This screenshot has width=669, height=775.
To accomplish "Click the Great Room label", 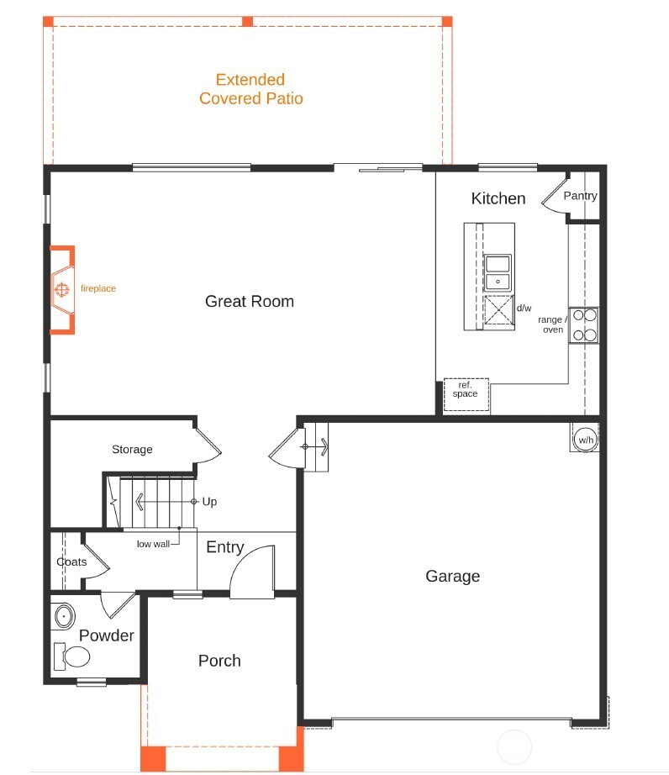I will [250, 301].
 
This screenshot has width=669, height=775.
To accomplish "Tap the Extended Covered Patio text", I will [250, 89].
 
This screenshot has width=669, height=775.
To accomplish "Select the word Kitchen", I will [498, 198].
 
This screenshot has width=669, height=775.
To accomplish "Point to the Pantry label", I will [580, 196].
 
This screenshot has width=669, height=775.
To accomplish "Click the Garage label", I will [452, 576].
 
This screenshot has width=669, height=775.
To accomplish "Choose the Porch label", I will [219, 661].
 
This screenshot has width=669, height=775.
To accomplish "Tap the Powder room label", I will [107, 635].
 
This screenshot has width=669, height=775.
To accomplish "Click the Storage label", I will [132, 450].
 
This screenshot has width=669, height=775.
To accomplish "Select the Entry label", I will [224, 547].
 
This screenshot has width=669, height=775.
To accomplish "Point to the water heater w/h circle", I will [585, 438].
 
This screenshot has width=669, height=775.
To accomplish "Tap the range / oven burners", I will [584, 325].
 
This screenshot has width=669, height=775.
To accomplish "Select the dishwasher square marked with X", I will [498, 311].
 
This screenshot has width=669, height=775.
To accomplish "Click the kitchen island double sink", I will [498, 272].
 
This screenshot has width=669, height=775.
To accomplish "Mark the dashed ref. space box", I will [466, 394].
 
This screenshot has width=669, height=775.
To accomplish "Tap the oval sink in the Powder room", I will [64, 617].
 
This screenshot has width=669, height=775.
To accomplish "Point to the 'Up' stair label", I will [209, 502].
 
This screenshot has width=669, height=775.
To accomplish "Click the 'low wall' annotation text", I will [153, 544].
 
